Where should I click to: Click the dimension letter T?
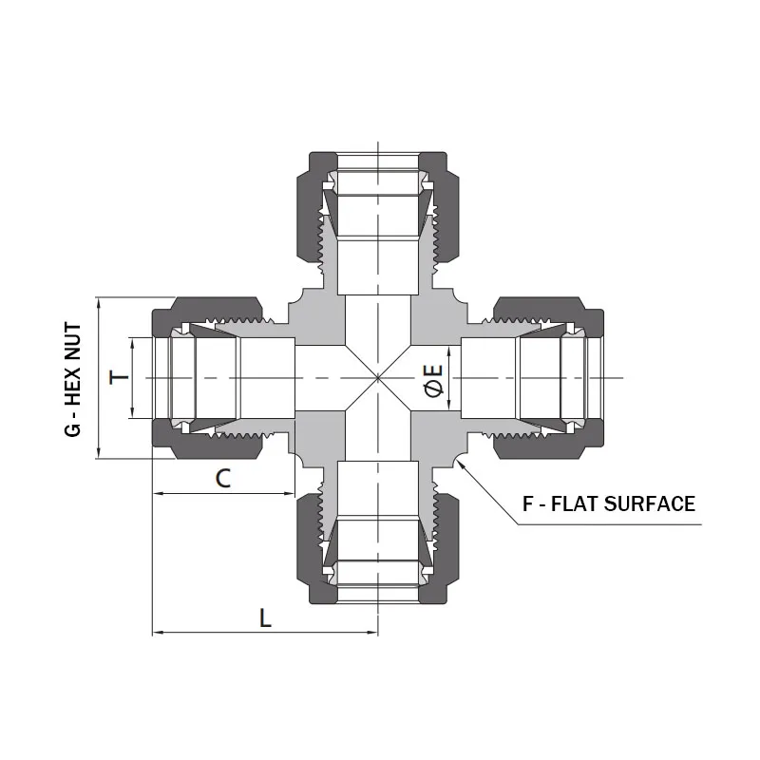coord(119,378)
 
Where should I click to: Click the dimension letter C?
coord(222,478)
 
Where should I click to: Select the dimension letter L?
coord(265,617)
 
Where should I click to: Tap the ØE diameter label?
coord(432,378)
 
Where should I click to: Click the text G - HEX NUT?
coord(73,378)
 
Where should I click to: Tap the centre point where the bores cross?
coord(378,378)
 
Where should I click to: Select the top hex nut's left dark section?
coord(313,204)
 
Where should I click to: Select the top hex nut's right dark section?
coord(443,204)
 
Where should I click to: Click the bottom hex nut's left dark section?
coord(313,551)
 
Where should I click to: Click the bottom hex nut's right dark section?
coord(443,551)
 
